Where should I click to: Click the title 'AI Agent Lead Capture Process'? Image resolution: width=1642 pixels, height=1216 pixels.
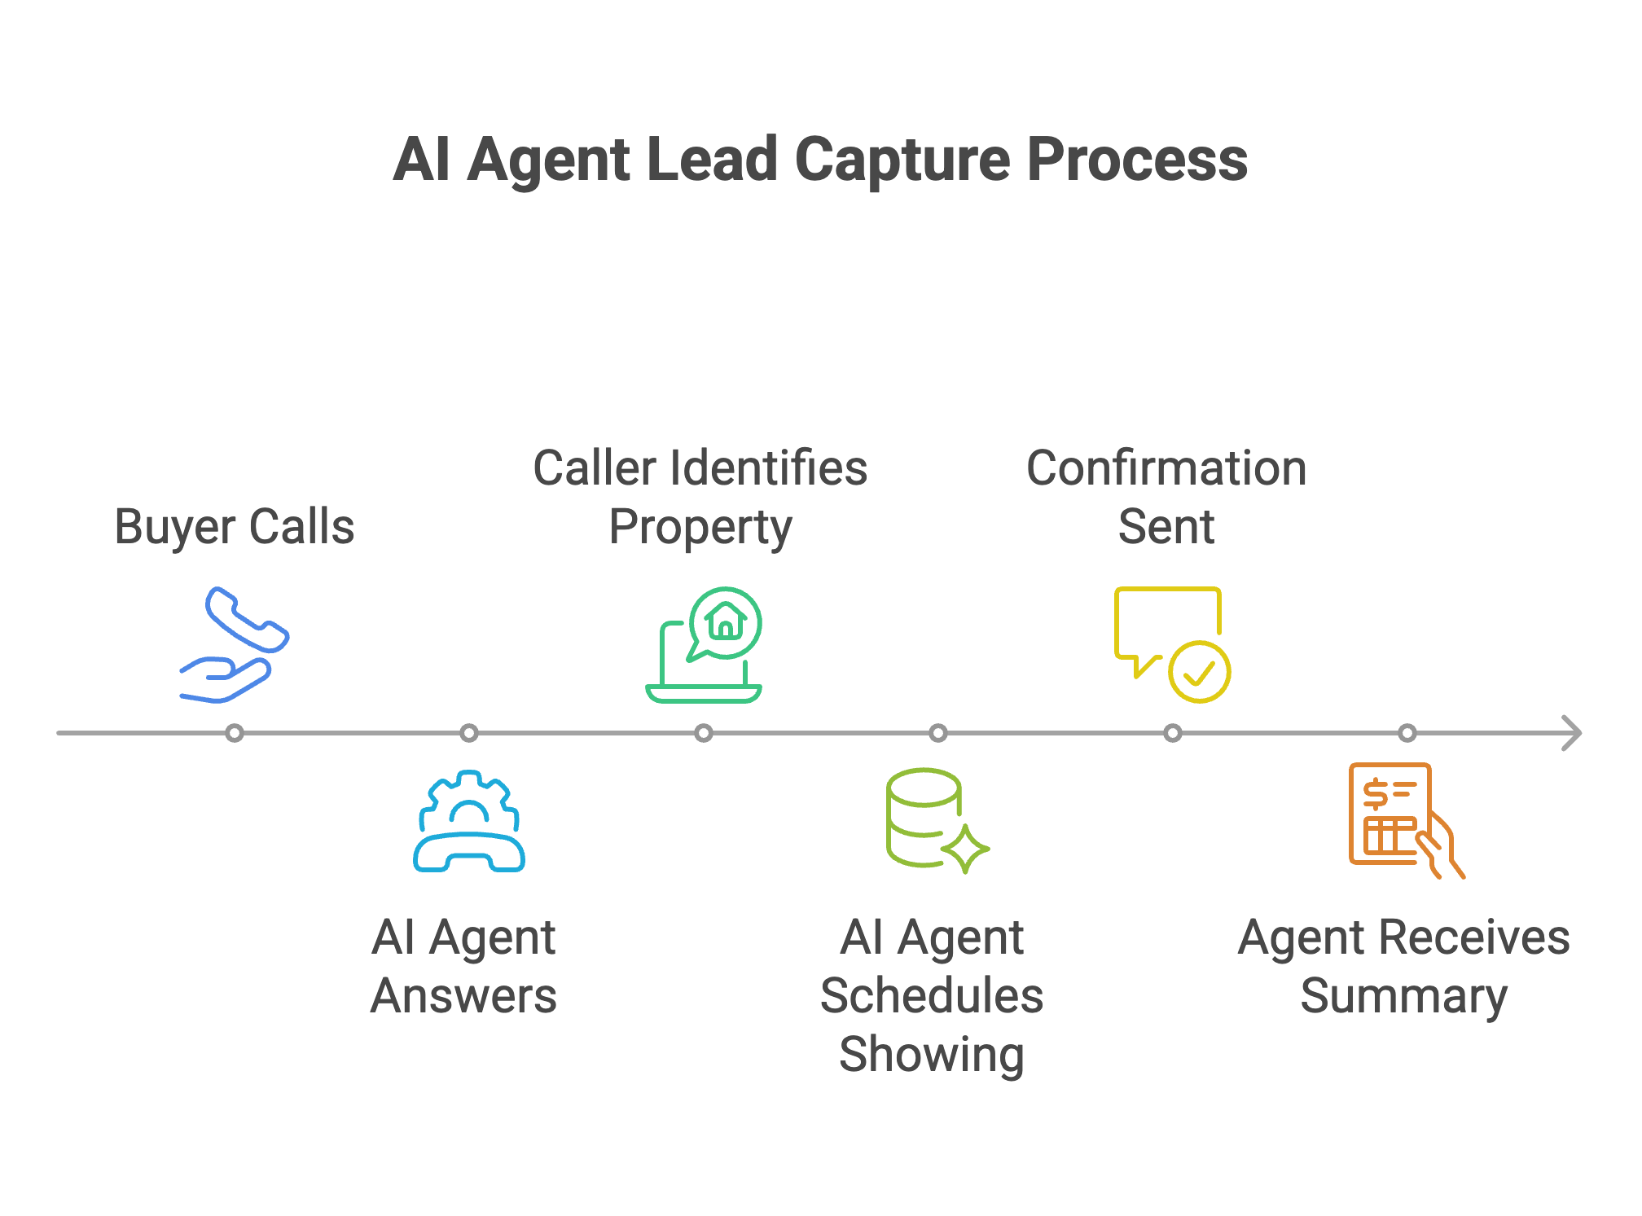pyautogui.click(x=819, y=160)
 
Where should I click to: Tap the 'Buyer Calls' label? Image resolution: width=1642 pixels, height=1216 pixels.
pyautogui.click(x=235, y=526)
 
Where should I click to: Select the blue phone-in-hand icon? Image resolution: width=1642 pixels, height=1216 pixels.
pyautogui.click(x=235, y=643)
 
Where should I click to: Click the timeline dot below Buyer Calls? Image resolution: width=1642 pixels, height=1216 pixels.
pyautogui.click(x=235, y=733)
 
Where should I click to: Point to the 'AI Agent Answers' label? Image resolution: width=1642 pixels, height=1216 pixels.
pyautogui.click(x=463, y=966)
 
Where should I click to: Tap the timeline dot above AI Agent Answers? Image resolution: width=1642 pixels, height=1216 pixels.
pyautogui.click(x=469, y=733)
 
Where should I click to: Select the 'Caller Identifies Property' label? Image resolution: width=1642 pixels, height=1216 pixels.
pyautogui.click(x=700, y=497)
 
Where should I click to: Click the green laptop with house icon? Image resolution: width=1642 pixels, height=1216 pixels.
pyautogui.click(x=704, y=645)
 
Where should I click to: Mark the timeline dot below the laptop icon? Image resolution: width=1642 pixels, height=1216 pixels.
pyautogui.click(x=704, y=733)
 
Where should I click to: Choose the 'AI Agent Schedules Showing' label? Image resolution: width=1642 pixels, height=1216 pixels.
pyautogui.click(x=932, y=995)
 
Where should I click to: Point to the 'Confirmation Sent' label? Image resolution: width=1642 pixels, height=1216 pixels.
pyautogui.click(x=1166, y=497)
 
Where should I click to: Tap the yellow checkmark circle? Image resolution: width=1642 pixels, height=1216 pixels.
pyautogui.click(x=1199, y=672)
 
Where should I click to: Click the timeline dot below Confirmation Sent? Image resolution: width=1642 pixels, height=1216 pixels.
pyautogui.click(x=1173, y=733)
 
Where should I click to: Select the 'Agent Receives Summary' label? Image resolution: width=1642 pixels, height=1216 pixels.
pyautogui.click(x=1403, y=966)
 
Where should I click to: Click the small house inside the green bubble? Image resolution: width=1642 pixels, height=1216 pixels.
pyautogui.click(x=725, y=622)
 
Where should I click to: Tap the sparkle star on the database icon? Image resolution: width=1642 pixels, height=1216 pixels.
pyautogui.click(x=965, y=849)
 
